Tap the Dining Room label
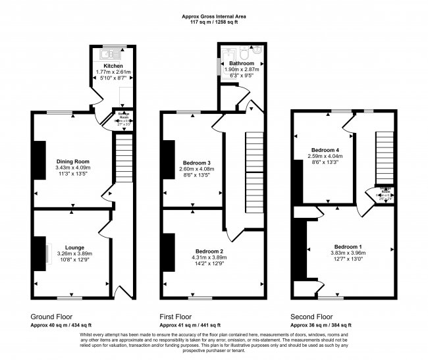coord(73,161)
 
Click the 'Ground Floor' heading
coord(52,316)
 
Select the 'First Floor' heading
coord(176,316)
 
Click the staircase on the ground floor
coord(123,161)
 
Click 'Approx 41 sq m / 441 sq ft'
coord(191,325)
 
